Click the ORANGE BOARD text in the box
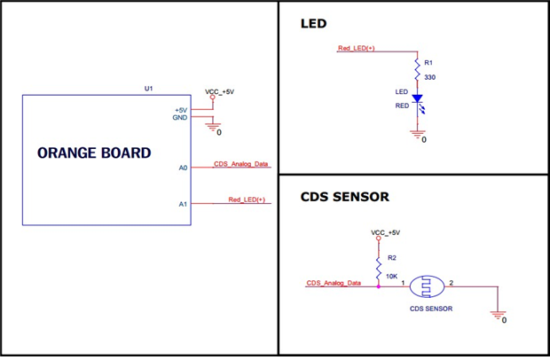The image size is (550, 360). pos(94,153)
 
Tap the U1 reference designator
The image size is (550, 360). pos(149,89)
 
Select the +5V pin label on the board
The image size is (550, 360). pos(180,110)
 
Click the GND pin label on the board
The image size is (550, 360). pos(179,118)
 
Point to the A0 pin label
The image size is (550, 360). pos(183,167)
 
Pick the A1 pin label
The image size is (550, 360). pos(183,204)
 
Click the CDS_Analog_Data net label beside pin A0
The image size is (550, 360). pos(241,164)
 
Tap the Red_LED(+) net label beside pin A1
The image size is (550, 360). pos(247,200)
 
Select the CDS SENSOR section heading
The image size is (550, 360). pos(345,197)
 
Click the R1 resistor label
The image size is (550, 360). pos(429,63)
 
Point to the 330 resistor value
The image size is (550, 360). pos(430,77)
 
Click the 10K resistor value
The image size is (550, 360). pos(393,277)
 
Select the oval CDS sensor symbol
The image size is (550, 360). pos(428,286)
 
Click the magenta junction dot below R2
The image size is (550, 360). pos(379,286)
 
